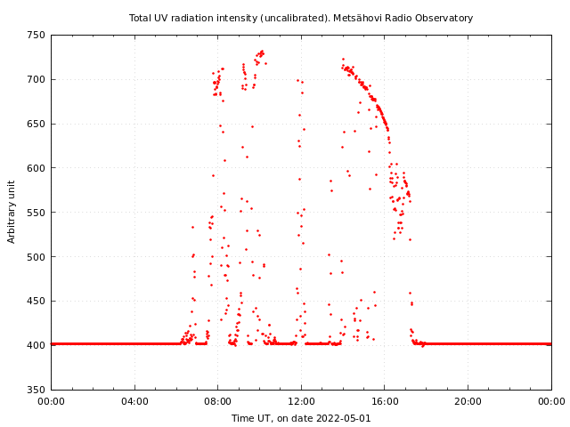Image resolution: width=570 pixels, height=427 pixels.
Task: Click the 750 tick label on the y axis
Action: [36, 36]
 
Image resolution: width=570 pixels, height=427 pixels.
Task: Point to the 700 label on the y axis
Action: [36, 79]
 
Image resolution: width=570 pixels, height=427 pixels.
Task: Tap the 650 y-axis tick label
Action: [36, 124]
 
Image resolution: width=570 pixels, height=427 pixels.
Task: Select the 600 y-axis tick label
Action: [36, 168]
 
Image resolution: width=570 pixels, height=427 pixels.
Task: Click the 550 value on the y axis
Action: [36, 213]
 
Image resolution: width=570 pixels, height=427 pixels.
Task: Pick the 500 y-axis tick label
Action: [36, 257]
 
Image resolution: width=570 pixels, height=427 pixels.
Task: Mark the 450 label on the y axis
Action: [36, 301]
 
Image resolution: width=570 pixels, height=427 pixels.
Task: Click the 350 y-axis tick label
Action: [36, 390]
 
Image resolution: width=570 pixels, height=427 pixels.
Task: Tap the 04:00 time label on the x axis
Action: [134, 401]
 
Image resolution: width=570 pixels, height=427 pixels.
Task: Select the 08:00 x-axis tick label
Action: [217, 401]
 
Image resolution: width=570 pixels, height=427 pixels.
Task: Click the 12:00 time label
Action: [301, 401]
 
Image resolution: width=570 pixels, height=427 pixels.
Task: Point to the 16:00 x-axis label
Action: [385, 401]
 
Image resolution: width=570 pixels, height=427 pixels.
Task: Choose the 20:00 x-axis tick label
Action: [468, 401]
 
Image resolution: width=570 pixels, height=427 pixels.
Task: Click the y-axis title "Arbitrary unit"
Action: [12, 212]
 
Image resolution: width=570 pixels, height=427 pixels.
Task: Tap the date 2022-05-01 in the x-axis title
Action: [344, 418]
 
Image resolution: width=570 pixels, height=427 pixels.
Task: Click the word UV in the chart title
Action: [161, 18]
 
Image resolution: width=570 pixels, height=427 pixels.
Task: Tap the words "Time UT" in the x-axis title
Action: [251, 418]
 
